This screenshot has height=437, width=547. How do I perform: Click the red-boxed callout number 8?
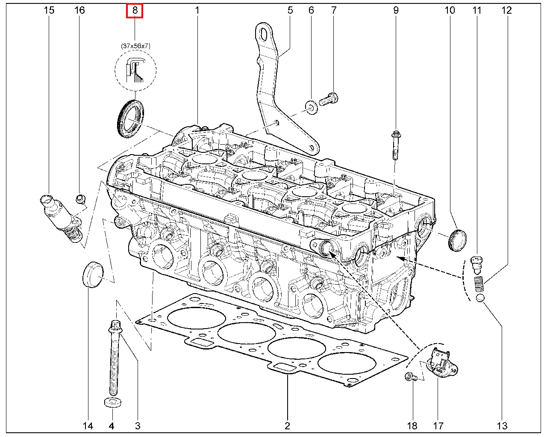point(135,10)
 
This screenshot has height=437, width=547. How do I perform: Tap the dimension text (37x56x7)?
point(135,46)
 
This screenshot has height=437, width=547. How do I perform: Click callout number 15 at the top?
point(49,10)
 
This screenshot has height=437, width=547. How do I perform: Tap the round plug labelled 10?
point(457,240)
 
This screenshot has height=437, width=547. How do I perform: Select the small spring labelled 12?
point(479,284)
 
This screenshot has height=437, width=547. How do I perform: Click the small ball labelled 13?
point(480,298)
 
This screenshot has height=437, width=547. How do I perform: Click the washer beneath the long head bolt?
point(112,402)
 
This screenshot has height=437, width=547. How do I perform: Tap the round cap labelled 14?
point(92,273)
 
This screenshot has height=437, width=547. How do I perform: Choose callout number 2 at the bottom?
point(287,425)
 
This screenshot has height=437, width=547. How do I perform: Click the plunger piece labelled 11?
point(476,264)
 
